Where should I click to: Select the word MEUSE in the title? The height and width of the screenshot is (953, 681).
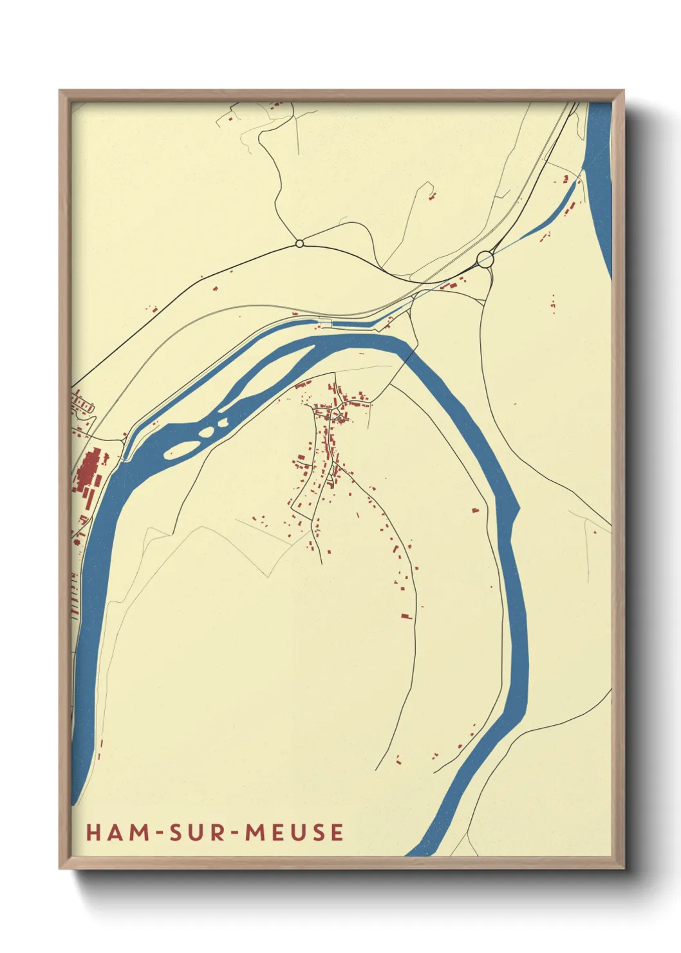(294, 832)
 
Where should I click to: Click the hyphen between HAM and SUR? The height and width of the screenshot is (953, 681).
(157, 833)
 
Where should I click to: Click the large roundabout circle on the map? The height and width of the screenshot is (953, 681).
(485, 259)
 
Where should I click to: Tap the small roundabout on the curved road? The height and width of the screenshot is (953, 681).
(299, 243)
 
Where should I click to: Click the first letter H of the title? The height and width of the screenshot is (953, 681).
(93, 832)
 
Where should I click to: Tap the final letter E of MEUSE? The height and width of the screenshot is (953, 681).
(337, 832)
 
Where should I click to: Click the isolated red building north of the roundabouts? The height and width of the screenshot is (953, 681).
(433, 194)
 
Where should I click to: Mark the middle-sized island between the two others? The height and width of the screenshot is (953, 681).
(207, 431)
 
